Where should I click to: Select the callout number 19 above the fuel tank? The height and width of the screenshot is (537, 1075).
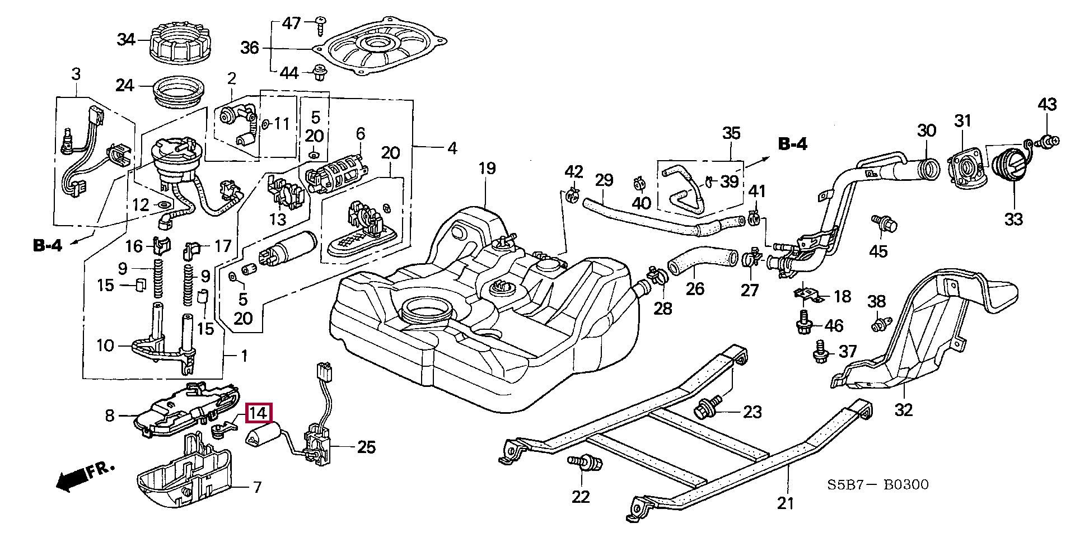click(x=487, y=169)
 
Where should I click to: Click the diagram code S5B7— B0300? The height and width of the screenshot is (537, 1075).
click(x=877, y=484)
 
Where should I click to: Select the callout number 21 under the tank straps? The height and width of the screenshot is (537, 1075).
click(x=786, y=503)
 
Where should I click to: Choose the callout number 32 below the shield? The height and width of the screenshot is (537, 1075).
click(x=903, y=410)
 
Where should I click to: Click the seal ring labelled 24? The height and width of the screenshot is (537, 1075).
click(x=179, y=92)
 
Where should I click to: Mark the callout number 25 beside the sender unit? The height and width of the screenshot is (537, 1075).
click(x=366, y=447)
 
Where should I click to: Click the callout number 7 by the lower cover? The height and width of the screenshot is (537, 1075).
click(x=257, y=487)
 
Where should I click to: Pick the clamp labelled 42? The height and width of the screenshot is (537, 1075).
click(x=572, y=194)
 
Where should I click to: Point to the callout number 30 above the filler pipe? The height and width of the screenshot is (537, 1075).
click(x=927, y=130)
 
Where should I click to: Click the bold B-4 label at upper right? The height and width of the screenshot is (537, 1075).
click(x=793, y=144)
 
